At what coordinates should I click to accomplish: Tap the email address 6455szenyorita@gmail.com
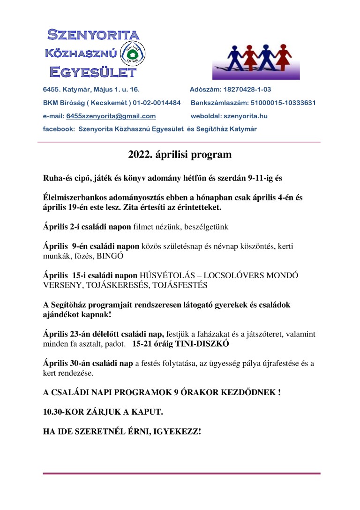pyautogui.click(x=111, y=116)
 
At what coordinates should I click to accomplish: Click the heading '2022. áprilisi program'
pyautogui.click(x=180, y=154)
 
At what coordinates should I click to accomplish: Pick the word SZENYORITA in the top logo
pyautogui.click(x=93, y=35)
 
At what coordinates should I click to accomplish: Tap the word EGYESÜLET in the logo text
pyautogui.click(x=93, y=72)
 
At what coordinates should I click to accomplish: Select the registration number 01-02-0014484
pyautogui.click(x=157, y=103)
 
